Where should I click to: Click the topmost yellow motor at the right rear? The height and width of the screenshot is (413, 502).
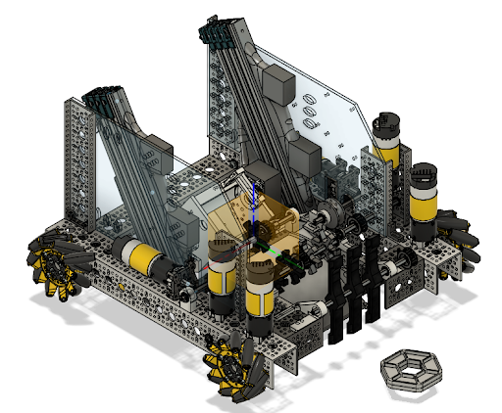coord(386,141)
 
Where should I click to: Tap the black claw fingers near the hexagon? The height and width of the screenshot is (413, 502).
coord(353,294)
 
